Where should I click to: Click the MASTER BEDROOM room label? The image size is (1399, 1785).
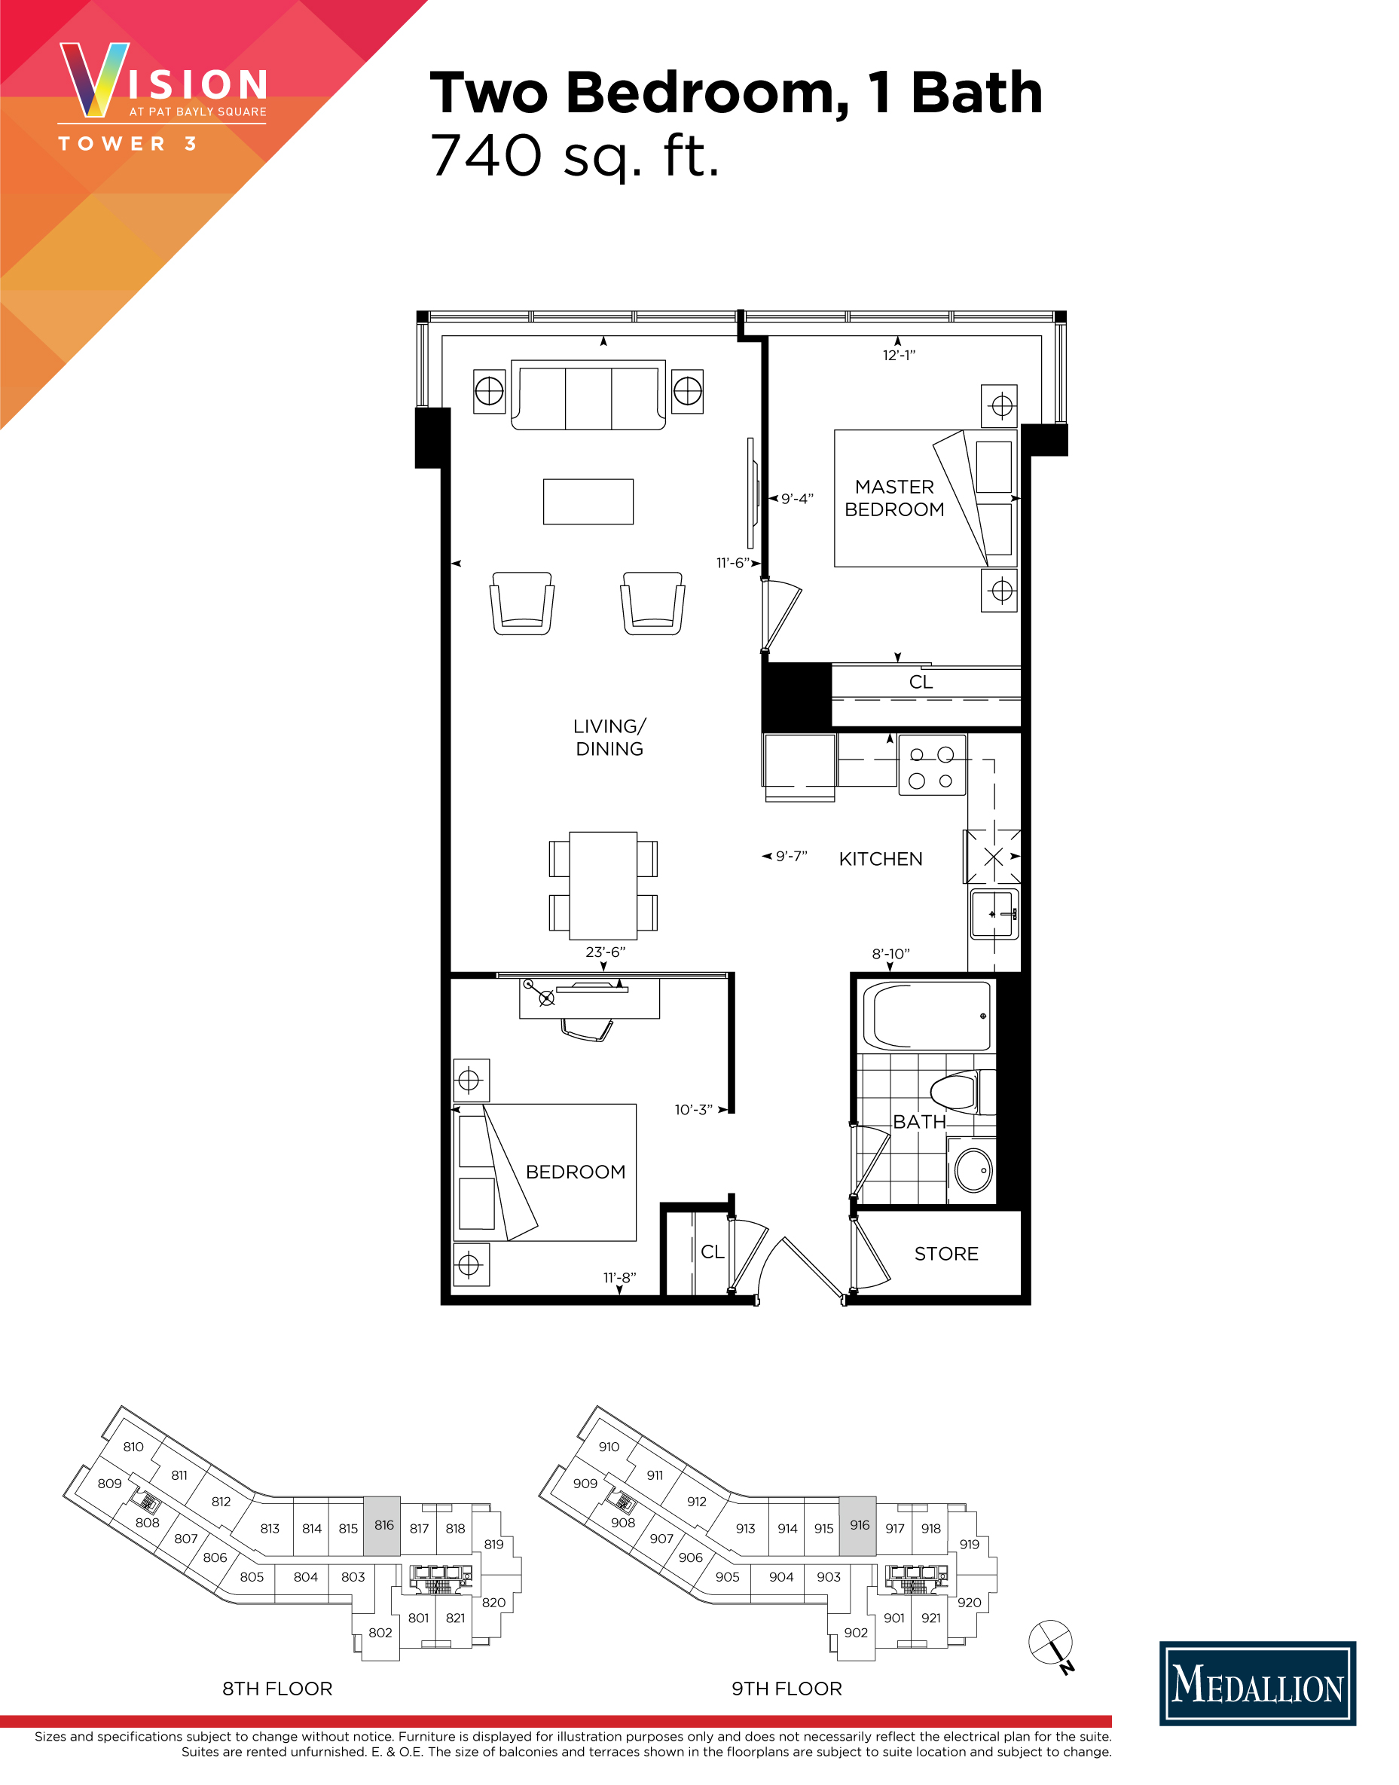click(893, 498)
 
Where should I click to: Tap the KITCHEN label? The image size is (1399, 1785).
click(881, 858)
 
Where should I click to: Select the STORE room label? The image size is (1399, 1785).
click(946, 1253)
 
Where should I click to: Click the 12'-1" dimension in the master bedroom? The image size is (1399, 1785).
click(899, 356)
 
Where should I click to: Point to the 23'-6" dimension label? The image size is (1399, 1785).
click(605, 952)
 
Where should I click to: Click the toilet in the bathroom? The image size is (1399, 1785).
click(955, 1092)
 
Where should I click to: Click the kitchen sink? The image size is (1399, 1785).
click(994, 914)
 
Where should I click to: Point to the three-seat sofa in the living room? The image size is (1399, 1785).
click(588, 396)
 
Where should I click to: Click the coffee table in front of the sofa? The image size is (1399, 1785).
click(588, 501)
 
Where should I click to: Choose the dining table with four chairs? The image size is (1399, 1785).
click(603, 885)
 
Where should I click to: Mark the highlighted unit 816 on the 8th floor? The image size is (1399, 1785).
click(382, 1526)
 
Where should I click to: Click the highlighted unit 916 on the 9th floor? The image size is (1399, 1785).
click(857, 1526)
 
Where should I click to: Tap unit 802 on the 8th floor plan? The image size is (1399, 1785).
click(380, 1633)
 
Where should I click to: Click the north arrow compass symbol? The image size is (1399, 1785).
click(1051, 1643)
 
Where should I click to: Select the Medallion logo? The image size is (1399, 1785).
click(1257, 1683)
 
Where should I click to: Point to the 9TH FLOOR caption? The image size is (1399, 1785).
click(787, 1689)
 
